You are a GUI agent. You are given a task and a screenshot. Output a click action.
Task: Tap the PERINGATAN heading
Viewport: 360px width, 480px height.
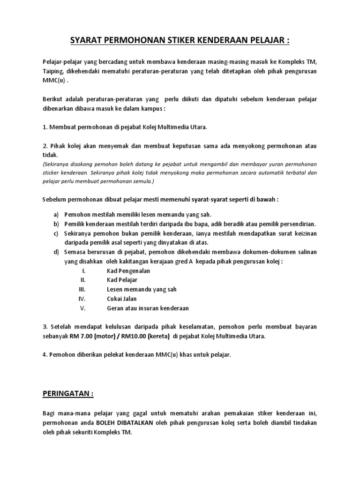(x=66, y=394)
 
